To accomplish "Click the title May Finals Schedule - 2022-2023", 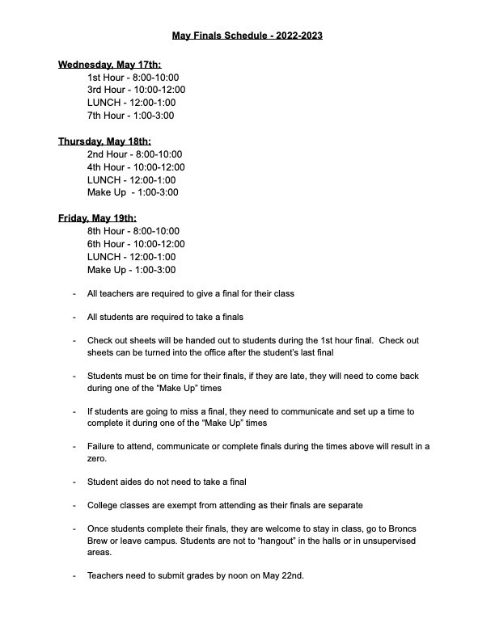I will point(247,36).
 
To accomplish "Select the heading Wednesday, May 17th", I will point(110,65).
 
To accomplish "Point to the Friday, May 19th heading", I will point(97,218).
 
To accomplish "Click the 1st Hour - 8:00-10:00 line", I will point(133,77).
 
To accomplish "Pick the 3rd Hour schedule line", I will point(136,90).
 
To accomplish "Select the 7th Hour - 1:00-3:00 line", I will point(130,116).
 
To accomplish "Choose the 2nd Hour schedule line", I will point(134,154).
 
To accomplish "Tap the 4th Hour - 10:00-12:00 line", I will point(136,166).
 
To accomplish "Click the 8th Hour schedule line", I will point(133,230).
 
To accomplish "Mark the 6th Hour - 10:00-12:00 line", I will point(136,243).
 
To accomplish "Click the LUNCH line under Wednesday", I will point(131,103).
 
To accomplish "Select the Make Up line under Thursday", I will point(133,192).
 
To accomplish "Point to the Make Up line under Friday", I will point(131,269).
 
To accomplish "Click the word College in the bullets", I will point(104,505).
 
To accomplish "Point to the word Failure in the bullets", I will point(103,446).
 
